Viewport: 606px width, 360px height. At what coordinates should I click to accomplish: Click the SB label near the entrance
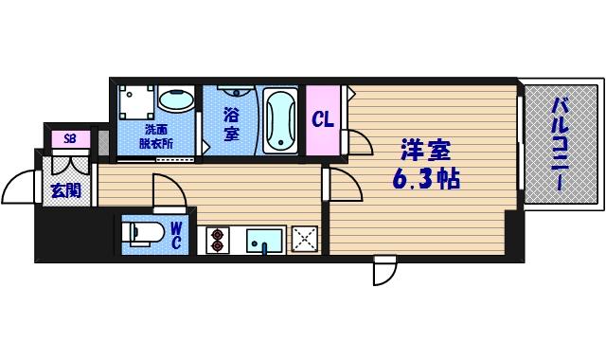tap(69, 139)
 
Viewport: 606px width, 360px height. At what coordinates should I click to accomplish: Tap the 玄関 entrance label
tap(66, 190)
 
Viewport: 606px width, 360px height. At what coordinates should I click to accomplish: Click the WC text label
tap(177, 235)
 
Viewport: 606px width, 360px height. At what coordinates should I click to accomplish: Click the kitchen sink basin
tap(265, 241)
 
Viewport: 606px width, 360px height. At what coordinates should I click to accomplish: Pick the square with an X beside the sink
tap(304, 239)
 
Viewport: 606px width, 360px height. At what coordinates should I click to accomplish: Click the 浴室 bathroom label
tap(231, 124)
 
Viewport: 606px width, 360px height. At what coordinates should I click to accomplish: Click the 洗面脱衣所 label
tap(156, 136)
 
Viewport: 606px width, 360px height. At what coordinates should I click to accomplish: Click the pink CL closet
tap(323, 120)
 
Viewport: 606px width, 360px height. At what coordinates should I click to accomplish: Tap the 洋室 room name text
tap(425, 150)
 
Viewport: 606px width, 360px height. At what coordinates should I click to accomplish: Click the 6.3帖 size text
tap(426, 178)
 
